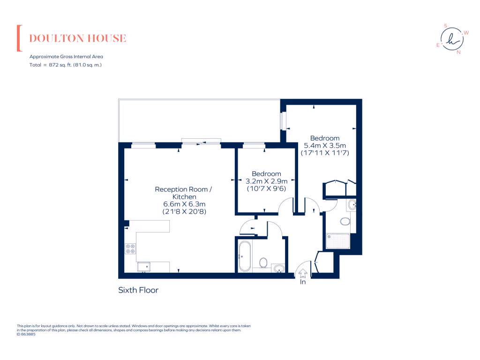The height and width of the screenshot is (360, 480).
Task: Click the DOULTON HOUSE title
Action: [x=78, y=38]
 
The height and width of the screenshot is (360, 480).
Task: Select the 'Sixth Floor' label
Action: [x=138, y=290]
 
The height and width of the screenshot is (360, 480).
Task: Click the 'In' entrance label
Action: [x=303, y=282]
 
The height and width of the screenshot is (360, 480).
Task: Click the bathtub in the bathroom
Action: [x=244, y=256]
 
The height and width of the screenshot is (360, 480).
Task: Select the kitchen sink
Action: [x=143, y=267]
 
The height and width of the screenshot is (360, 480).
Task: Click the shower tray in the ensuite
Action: [x=338, y=241]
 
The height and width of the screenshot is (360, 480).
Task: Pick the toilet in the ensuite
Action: [x=346, y=221]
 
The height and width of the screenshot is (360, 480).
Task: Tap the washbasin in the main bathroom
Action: [x=278, y=269]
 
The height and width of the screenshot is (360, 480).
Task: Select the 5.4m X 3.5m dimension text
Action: [x=325, y=145]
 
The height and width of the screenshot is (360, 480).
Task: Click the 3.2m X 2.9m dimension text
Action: [x=266, y=181]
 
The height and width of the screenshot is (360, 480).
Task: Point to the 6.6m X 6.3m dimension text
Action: [x=184, y=204]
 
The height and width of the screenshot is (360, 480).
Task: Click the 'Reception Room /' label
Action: [x=184, y=189]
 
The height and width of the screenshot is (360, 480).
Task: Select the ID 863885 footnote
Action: [x=26, y=334]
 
